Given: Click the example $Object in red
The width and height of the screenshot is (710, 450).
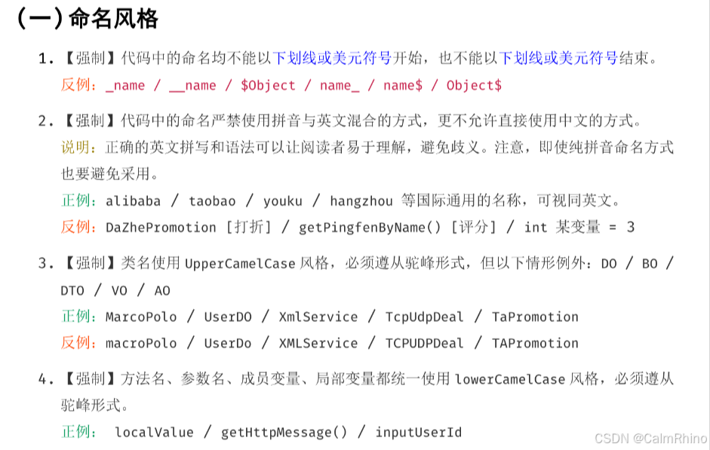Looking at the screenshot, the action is pos(268,85).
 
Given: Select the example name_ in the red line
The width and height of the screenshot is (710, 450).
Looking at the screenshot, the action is pos(340,85).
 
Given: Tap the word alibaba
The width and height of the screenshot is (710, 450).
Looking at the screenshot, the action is pos(133,201).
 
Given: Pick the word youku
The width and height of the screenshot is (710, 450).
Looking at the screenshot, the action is pos(283,201).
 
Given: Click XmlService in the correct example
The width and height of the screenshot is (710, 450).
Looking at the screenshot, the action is pos(318,317).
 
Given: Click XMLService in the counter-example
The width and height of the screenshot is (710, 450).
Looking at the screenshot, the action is pos(318,343).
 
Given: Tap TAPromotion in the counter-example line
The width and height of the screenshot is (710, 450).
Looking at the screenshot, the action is pos(535,343).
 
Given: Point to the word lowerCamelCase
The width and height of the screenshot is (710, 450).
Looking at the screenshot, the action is pos(510,379).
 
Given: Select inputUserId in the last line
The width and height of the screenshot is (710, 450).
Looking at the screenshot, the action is pos(419,432).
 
